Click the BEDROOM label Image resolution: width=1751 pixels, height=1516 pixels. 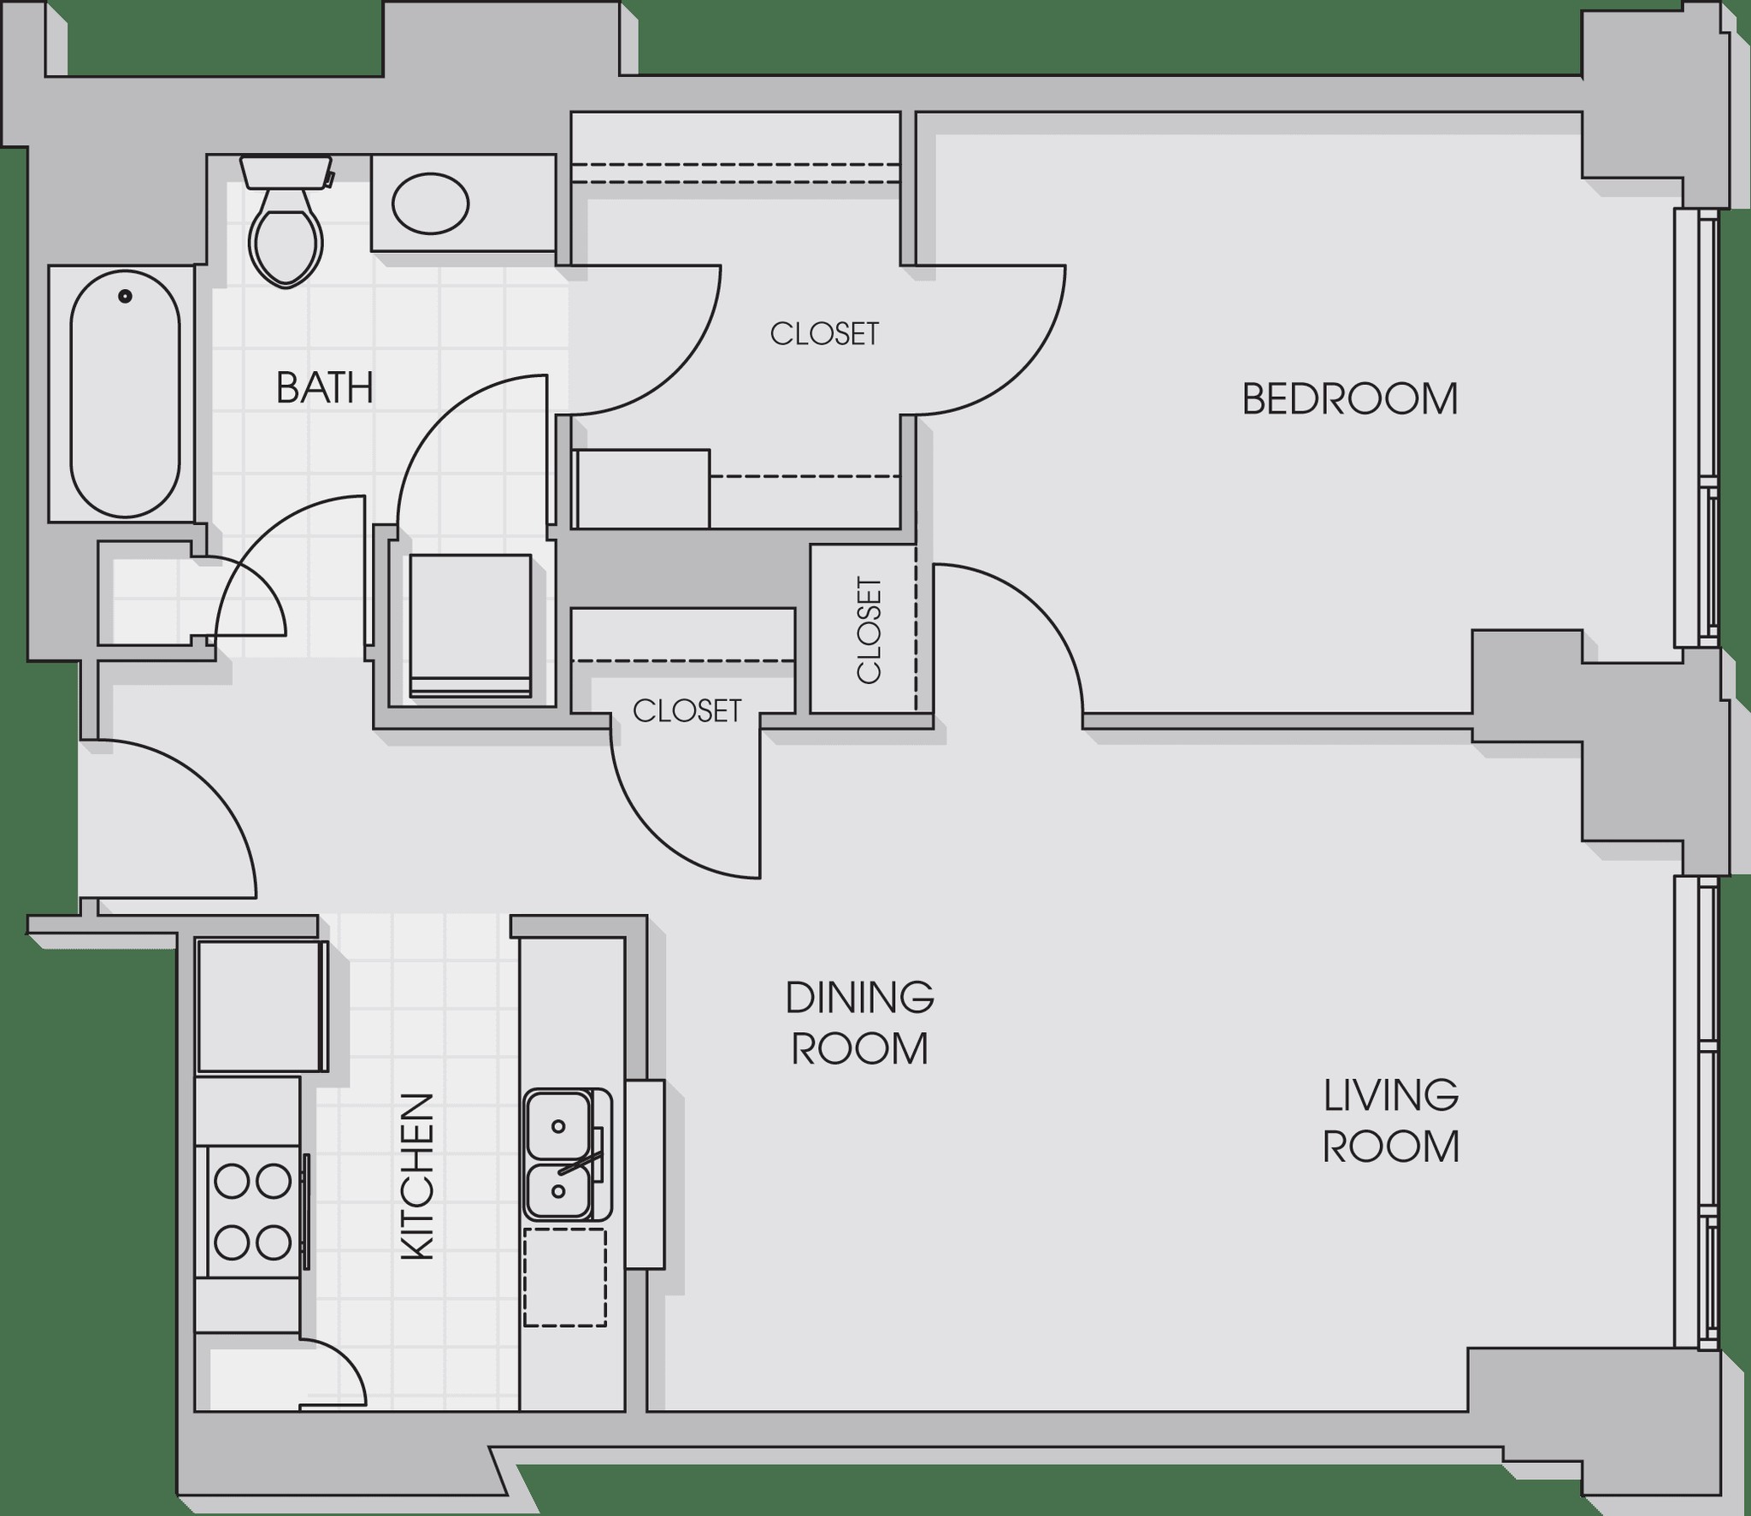(1349, 399)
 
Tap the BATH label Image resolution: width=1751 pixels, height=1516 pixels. (325, 388)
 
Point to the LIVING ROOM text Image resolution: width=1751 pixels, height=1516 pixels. (1391, 1121)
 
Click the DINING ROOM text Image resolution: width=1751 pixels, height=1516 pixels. (859, 1023)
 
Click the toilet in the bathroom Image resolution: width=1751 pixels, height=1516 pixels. (286, 221)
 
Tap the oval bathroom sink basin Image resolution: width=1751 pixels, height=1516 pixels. (430, 204)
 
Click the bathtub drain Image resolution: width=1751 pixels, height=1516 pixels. (126, 297)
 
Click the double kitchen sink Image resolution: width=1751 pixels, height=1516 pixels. (567, 1154)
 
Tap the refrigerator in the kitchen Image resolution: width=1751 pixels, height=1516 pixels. (262, 1006)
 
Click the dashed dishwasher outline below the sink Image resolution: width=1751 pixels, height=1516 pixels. (565, 1277)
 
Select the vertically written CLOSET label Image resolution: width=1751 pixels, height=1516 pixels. (869, 631)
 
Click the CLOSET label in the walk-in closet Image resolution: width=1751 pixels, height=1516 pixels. (824, 333)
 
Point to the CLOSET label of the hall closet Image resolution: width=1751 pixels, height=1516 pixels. (687, 711)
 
